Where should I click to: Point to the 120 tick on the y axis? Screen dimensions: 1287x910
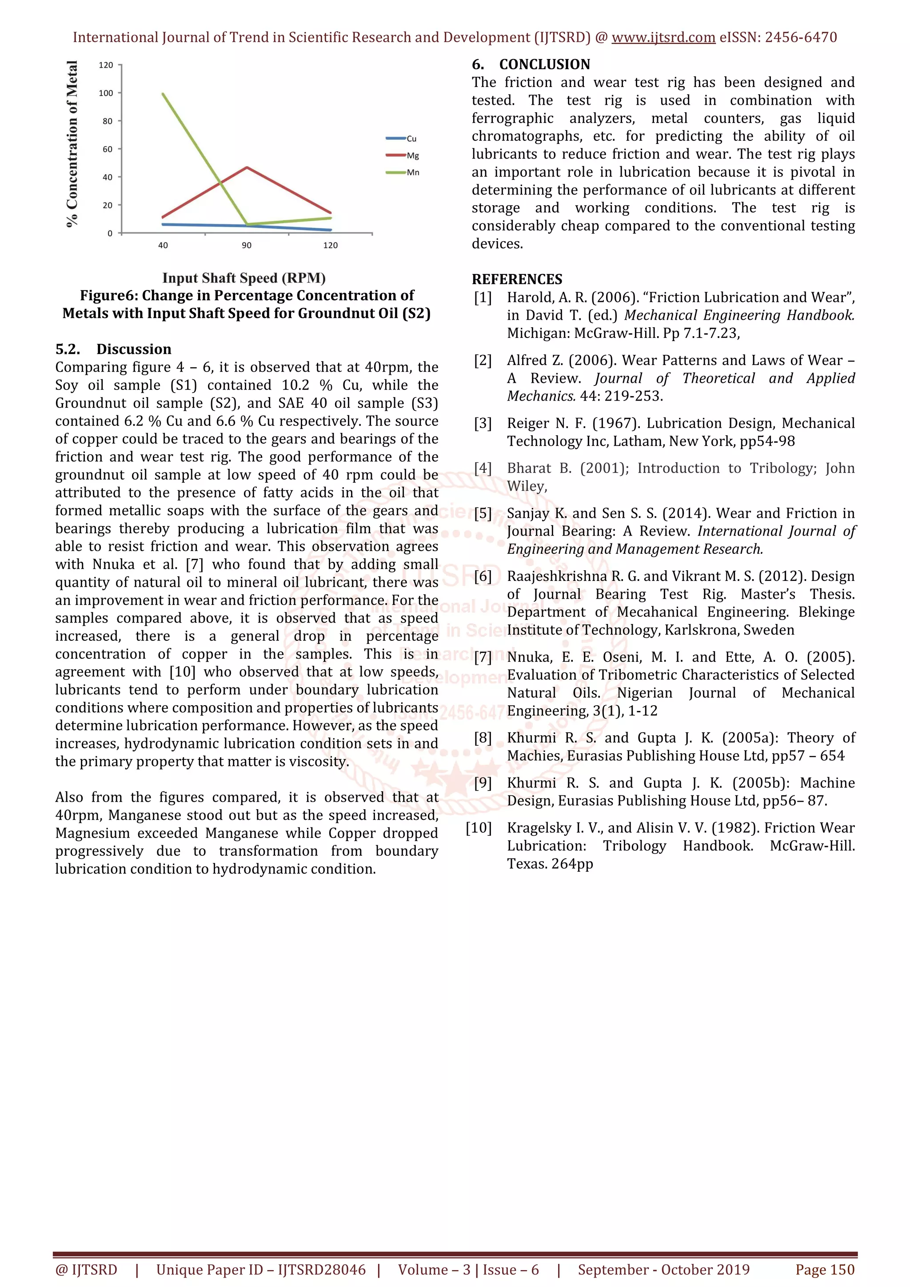(106, 65)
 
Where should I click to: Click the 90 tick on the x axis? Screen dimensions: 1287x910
(247, 246)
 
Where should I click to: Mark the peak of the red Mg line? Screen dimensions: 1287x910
(247, 167)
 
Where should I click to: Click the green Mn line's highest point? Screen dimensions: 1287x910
(163, 94)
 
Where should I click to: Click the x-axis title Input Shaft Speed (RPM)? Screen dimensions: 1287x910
(244, 278)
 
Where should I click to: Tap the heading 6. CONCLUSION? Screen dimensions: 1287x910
(531, 64)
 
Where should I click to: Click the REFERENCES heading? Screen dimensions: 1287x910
(517, 279)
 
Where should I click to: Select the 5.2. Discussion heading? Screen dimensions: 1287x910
(113, 349)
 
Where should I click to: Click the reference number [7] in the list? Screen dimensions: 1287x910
(483, 657)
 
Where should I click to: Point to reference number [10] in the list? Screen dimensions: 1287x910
(479, 828)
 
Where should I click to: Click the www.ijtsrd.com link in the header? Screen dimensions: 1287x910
(663, 38)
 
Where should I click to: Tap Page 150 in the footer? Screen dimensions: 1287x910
(825, 1270)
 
